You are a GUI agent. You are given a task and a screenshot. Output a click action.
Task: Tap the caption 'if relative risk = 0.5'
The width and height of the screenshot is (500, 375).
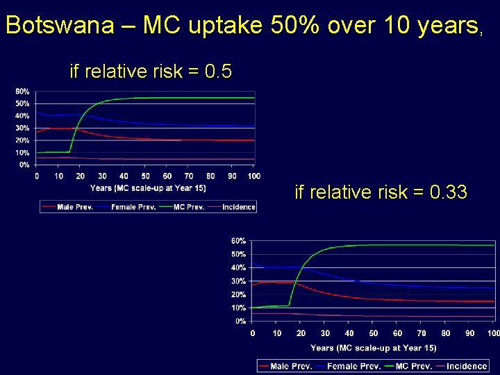tap(150, 72)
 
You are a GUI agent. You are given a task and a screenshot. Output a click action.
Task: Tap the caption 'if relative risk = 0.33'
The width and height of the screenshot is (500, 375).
tap(381, 192)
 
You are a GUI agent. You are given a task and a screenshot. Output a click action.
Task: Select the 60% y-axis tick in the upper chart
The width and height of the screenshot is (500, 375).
tap(22, 92)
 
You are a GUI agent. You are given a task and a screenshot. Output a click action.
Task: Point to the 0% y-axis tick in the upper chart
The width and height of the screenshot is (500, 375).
tap(24, 165)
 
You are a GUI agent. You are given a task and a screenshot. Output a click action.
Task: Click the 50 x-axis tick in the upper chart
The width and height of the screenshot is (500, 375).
tap(146, 176)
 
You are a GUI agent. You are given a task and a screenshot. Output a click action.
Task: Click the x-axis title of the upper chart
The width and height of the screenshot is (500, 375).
tap(147, 188)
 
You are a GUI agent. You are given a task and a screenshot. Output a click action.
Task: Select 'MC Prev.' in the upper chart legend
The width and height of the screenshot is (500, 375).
tap(188, 207)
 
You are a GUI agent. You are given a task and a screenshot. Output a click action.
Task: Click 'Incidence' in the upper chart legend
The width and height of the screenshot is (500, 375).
tap(238, 207)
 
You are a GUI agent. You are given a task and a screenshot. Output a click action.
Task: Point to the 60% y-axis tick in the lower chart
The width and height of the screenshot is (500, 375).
tap(238, 241)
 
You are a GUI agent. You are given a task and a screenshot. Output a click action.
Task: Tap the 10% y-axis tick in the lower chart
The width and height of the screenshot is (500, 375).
tap(238, 308)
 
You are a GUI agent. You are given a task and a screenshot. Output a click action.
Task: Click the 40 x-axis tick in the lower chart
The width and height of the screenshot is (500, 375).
tap(349, 333)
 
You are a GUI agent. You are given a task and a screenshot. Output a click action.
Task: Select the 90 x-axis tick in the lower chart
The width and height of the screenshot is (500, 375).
tap(470, 333)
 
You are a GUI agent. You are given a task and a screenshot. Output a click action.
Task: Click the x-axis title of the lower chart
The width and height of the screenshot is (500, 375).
tap(373, 348)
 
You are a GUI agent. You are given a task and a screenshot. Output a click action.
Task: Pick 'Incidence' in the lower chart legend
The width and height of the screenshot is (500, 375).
tap(466, 366)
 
